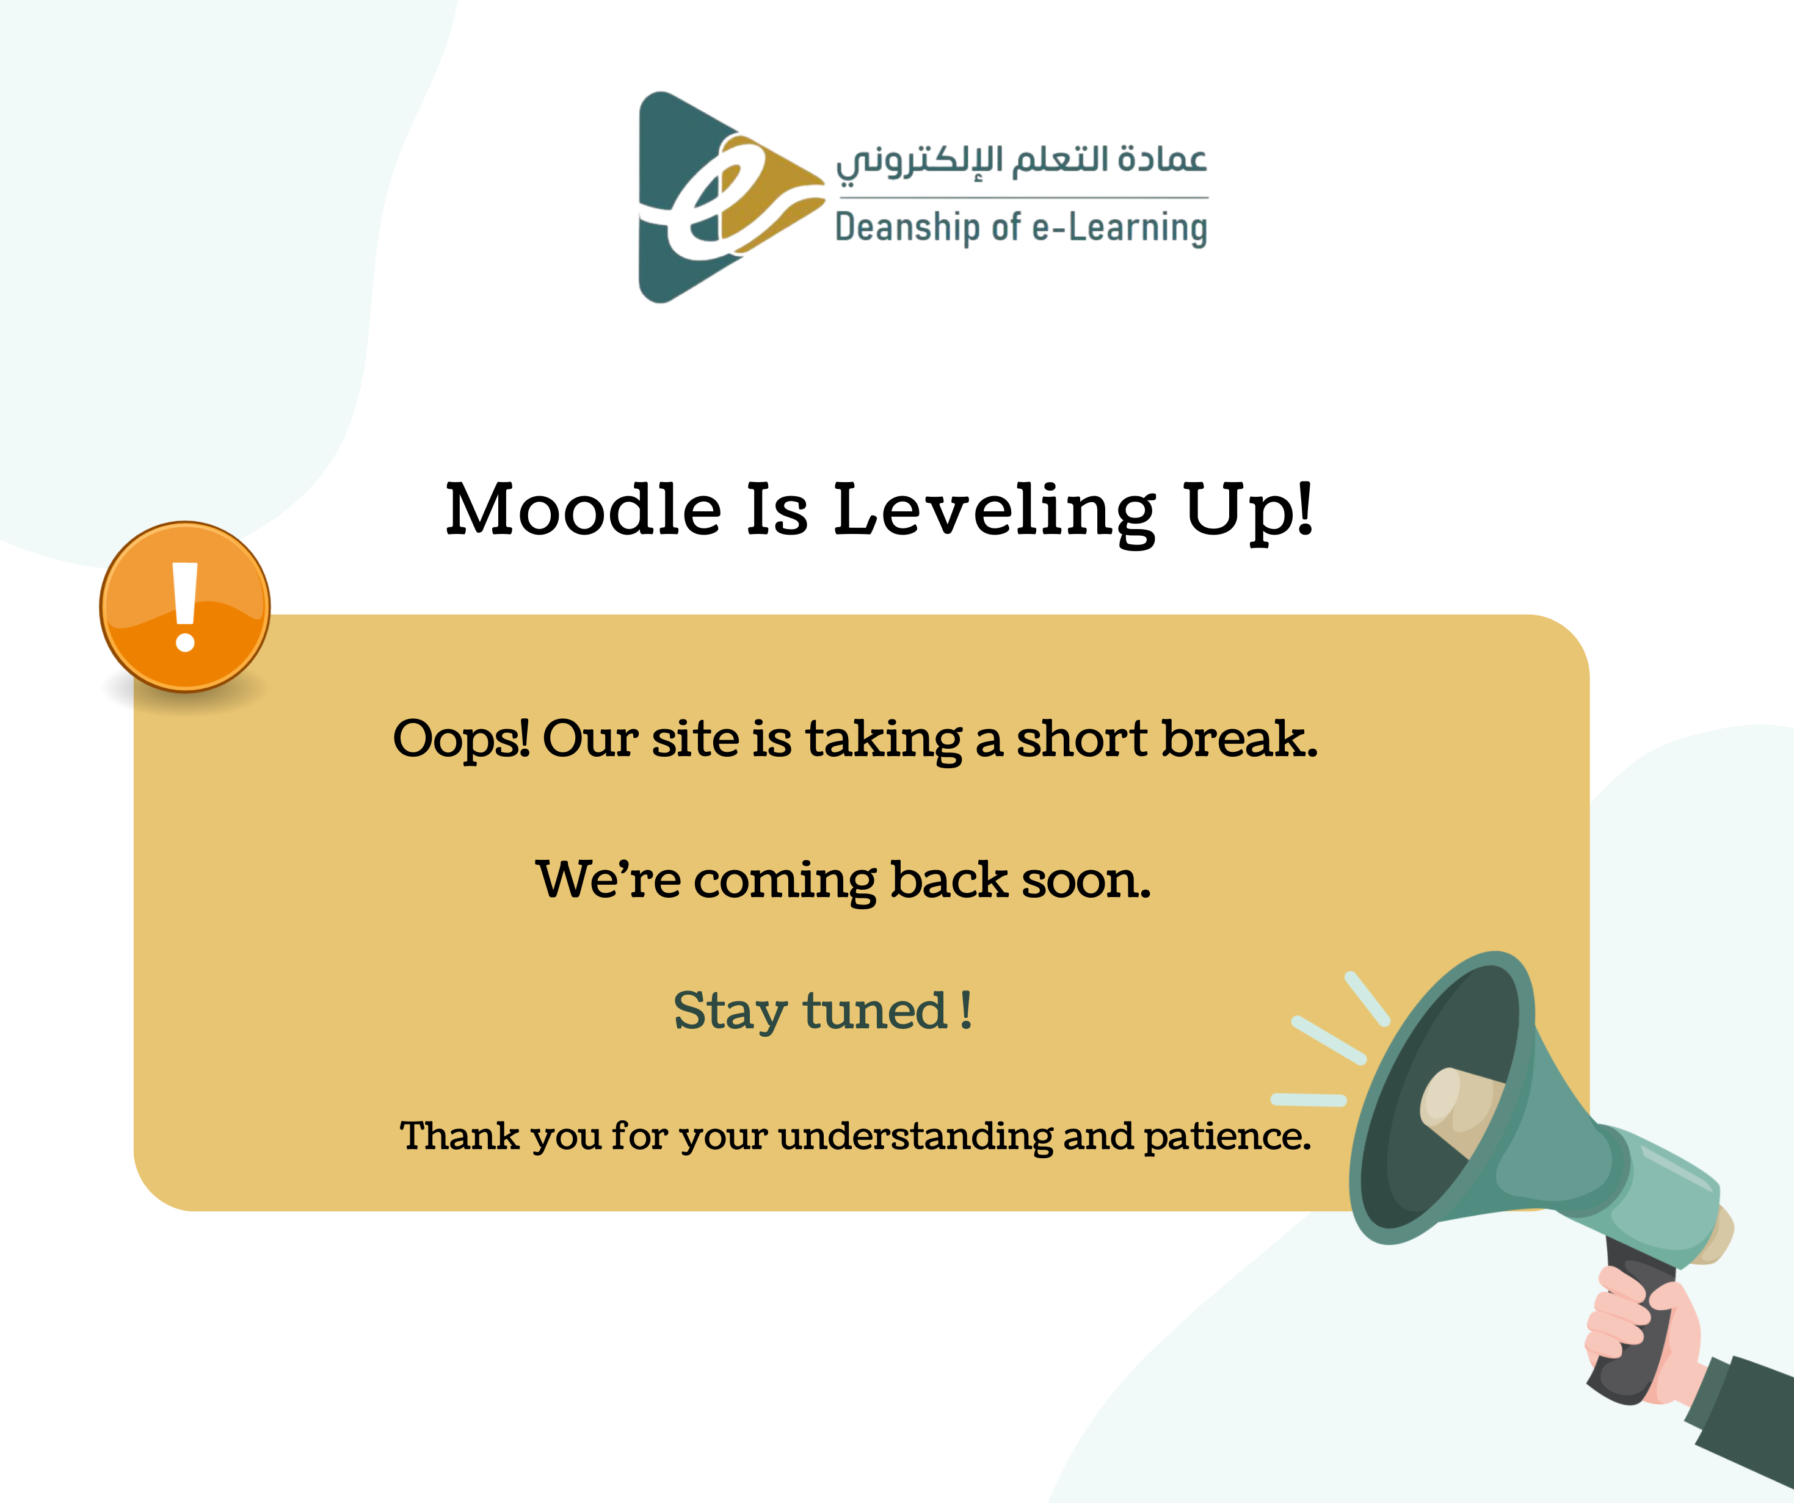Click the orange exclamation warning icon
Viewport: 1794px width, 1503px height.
click(186, 607)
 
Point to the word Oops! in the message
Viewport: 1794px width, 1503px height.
click(461, 740)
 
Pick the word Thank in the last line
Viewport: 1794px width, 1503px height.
click(460, 1136)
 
